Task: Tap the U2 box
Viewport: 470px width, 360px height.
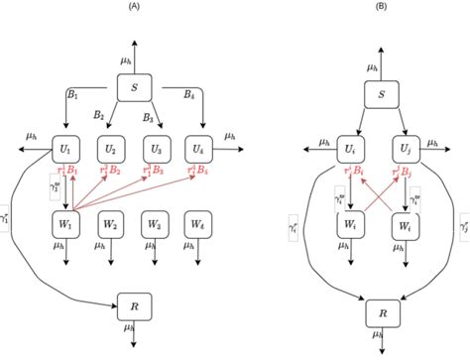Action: pyautogui.click(x=111, y=151)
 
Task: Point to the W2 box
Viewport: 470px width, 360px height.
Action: pyautogui.click(x=111, y=223)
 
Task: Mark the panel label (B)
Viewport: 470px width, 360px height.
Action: pyautogui.click(x=380, y=6)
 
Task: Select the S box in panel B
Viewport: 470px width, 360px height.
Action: pyautogui.click(x=381, y=96)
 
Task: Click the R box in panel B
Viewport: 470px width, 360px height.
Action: pyautogui.click(x=381, y=314)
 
